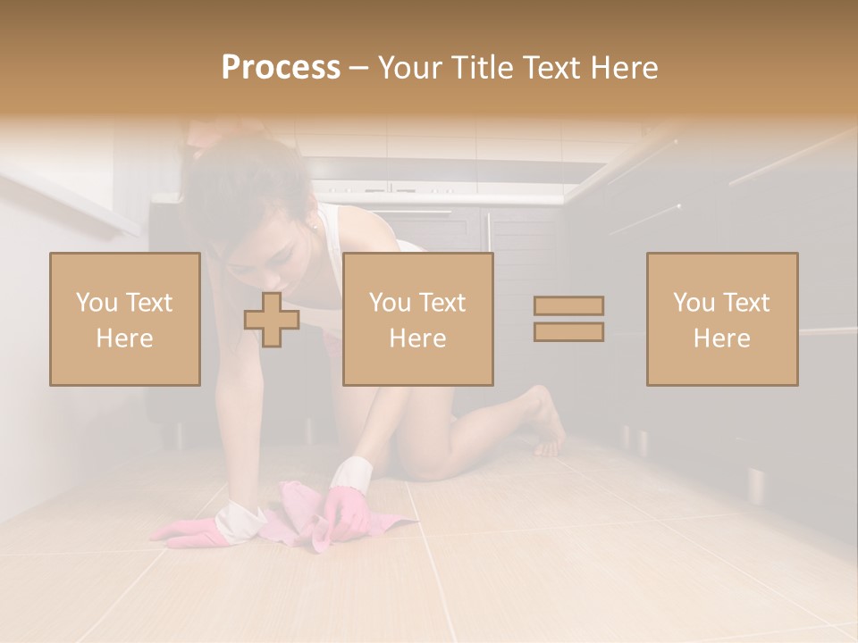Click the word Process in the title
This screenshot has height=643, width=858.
tap(281, 67)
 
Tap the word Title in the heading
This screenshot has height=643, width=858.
tap(482, 67)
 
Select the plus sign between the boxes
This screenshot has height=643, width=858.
tap(272, 319)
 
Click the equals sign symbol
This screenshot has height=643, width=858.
tap(568, 319)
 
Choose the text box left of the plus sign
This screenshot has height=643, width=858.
tap(124, 319)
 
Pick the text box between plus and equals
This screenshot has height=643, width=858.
tap(417, 319)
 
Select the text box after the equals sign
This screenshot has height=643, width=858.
tap(721, 319)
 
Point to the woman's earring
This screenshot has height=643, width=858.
tap(315, 225)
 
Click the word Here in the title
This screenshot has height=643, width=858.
tap(623, 67)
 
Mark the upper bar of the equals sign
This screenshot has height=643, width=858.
tap(568, 305)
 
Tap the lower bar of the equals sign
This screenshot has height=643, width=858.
tap(568, 331)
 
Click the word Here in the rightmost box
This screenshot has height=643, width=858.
tap(721, 338)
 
